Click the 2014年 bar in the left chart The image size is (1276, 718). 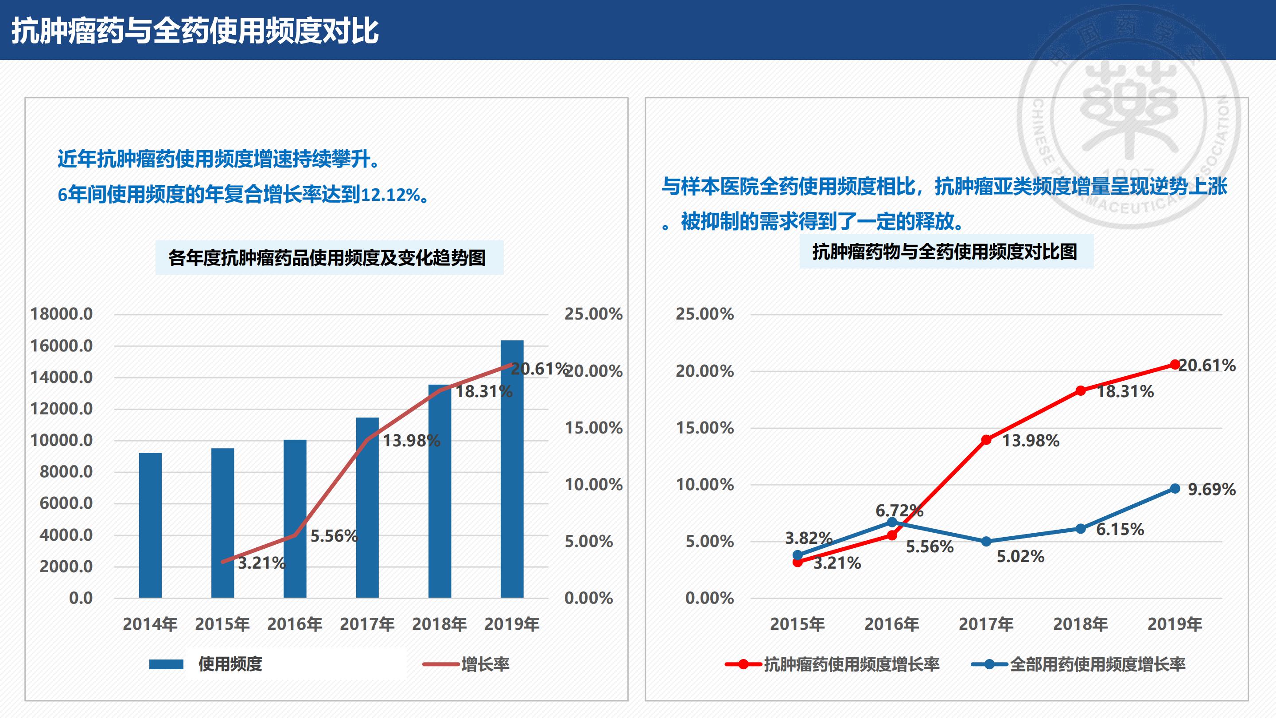point(150,525)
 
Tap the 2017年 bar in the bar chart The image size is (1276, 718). point(367,507)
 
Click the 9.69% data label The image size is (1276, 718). point(1212,490)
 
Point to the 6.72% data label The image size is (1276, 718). point(899,511)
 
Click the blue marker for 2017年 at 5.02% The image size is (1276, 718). point(986,542)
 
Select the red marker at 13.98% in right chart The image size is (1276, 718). point(986,440)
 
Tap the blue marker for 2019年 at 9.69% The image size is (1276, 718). point(1175,488)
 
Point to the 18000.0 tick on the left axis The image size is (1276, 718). point(62,314)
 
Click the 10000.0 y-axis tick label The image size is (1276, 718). point(62,441)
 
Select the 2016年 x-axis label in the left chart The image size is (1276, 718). point(295,624)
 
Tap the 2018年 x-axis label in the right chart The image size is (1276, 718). point(1080,624)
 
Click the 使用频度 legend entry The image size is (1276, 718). point(230,664)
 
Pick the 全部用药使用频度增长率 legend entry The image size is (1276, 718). point(1097,664)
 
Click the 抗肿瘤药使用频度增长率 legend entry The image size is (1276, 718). point(851,664)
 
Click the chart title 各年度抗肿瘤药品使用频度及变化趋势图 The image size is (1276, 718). point(327,258)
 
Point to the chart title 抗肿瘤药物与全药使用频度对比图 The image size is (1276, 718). point(945,252)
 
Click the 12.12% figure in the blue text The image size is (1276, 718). point(391,195)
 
